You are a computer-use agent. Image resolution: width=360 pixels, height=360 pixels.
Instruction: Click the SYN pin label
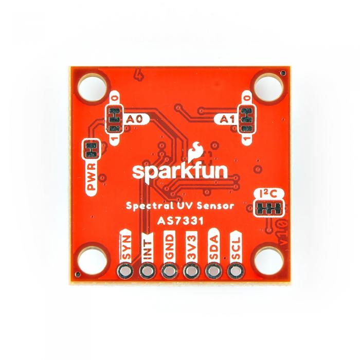[127, 247]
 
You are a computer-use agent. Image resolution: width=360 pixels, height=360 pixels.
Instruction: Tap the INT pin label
[147, 247]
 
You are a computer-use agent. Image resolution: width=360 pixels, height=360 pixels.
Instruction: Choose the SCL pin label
[236, 247]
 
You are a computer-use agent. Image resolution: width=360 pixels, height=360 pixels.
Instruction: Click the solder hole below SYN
[125, 272]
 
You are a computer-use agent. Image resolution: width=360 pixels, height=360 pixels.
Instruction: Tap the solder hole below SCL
[236, 272]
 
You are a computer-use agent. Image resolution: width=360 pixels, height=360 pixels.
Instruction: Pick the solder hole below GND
[169, 272]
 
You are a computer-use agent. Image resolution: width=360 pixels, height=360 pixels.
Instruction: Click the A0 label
[135, 119]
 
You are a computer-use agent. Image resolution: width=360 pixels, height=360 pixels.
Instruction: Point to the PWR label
[92, 176]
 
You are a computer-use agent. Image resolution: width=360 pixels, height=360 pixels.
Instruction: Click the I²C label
[268, 194]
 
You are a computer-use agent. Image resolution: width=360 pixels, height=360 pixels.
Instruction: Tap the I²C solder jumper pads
[269, 208]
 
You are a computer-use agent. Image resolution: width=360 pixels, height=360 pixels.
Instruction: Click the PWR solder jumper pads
[91, 149]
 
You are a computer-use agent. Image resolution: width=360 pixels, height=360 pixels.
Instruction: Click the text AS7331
[181, 221]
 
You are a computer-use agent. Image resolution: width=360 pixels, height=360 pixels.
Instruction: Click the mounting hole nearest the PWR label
[92, 87]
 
